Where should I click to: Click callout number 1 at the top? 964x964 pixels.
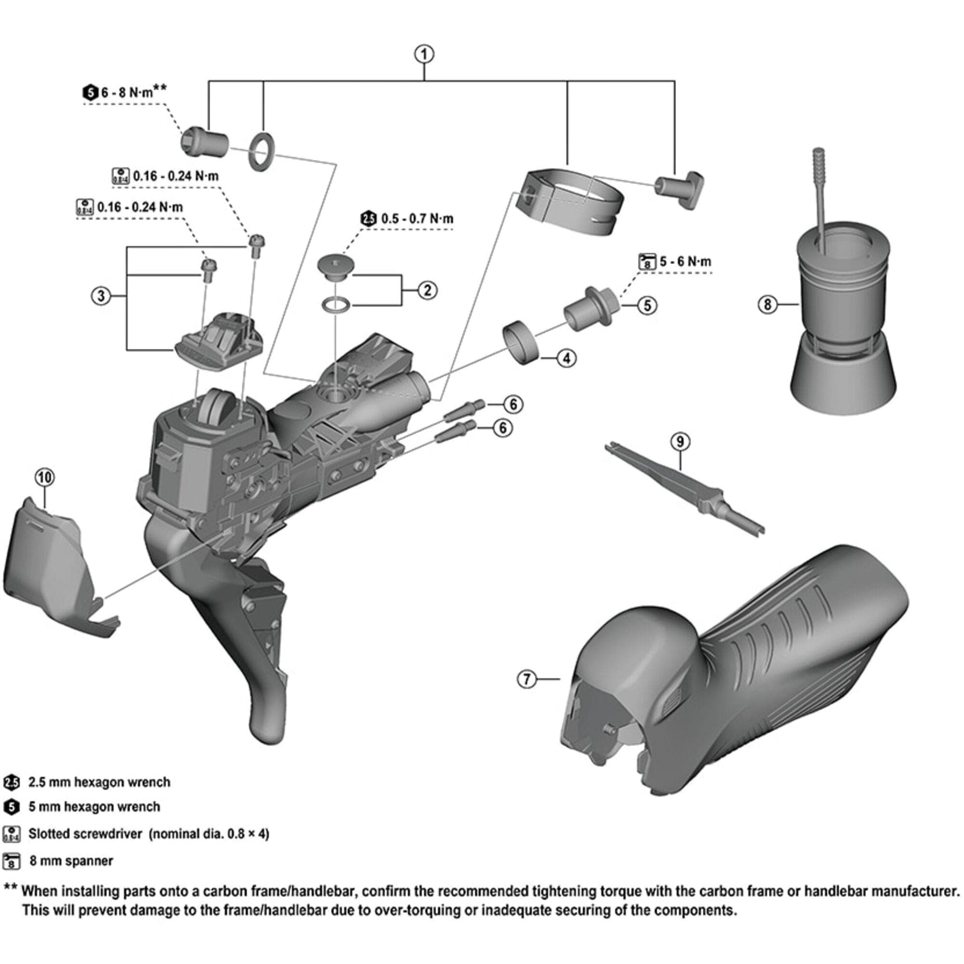point(424,54)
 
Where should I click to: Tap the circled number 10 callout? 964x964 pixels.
point(45,478)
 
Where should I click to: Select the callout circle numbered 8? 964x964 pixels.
point(767,304)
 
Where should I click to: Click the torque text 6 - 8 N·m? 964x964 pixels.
point(133,92)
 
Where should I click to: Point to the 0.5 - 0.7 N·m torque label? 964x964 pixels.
point(417,218)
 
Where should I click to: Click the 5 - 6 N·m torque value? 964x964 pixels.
point(685,262)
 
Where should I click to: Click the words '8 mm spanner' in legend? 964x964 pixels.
point(71,861)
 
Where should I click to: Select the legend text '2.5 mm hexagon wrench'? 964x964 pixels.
point(99,782)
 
